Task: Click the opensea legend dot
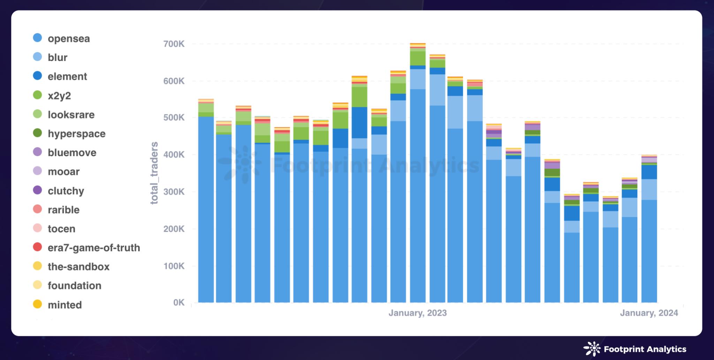point(37,38)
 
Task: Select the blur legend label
point(58,58)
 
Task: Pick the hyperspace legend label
point(76,133)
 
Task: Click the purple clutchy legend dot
point(37,190)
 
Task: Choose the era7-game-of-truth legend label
point(94,248)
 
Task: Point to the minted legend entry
point(64,305)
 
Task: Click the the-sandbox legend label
point(78,267)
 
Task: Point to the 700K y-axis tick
point(174,44)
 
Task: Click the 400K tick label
point(174,154)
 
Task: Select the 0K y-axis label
point(178,302)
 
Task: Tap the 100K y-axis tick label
point(174,266)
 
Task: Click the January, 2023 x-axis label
point(417,313)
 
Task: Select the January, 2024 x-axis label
point(649,313)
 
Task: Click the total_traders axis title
point(154,173)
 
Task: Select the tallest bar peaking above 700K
point(418,174)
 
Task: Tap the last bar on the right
point(649,230)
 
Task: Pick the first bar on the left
point(206,202)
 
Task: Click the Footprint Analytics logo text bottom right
point(645,349)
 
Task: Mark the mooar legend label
point(63,171)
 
